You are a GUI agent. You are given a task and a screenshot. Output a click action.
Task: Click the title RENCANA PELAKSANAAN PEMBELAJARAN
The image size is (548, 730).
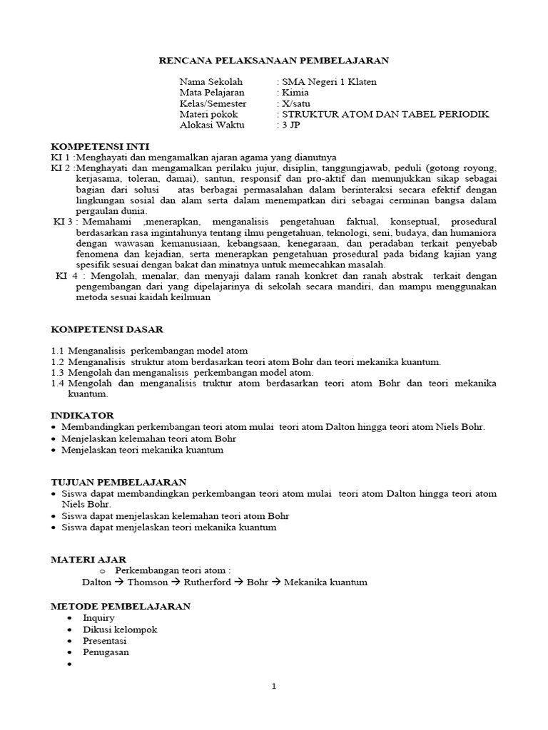[273, 61]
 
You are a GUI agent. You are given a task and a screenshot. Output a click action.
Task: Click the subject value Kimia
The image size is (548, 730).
[290, 93]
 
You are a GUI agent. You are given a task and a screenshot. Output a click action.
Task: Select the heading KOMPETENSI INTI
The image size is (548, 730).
[100, 145]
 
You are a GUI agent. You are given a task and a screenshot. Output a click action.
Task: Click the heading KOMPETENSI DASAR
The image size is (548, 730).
[107, 329]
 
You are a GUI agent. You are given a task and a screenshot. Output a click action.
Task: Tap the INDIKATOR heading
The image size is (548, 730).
[82, 415]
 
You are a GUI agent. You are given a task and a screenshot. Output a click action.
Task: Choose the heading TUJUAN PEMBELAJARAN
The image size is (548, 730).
[118, 482]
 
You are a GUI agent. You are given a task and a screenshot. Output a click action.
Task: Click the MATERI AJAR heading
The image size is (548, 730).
[88, 560]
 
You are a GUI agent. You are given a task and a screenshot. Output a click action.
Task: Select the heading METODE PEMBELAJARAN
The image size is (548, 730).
[121, 606]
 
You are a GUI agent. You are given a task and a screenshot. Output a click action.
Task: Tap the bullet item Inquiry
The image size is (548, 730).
[98, 618]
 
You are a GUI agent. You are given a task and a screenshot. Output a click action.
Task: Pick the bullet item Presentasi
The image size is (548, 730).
[106, 641]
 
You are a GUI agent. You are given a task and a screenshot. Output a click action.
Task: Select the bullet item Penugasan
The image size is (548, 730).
[106, 652]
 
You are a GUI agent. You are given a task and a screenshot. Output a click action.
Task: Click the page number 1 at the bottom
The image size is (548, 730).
[273, 687]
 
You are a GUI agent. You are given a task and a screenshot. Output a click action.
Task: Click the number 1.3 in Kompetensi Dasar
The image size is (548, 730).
[58, 372]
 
